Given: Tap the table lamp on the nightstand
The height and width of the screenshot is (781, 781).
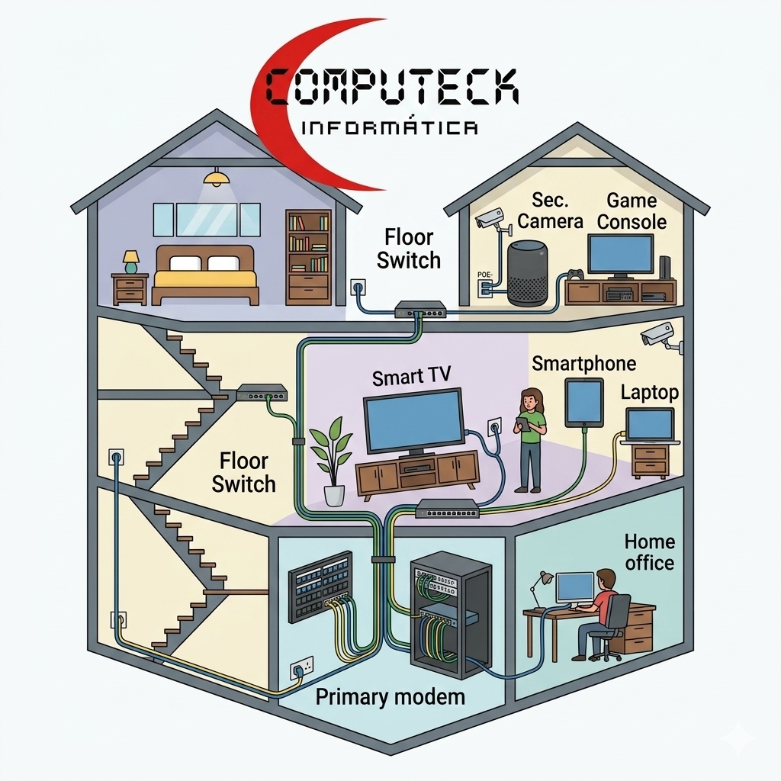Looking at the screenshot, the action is coord(131,262).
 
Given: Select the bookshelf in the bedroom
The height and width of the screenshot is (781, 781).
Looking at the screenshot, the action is coord(308,257).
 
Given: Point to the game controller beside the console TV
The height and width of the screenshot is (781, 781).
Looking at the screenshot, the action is coord(577,275).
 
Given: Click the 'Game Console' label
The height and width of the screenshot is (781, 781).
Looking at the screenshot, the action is coord(632,211).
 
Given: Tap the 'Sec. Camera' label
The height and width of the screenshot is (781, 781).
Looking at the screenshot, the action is coord(550,211).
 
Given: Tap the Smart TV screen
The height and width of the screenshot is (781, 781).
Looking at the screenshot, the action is coord(413,419).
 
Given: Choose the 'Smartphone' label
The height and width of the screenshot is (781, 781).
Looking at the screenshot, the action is coord(583,364).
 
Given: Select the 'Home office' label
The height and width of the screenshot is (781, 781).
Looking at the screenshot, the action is coord(650,552).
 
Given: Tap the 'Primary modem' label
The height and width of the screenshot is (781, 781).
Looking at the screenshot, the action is coord(390,697).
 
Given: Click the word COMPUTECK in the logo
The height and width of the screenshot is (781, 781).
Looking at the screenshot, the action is coord(391,87).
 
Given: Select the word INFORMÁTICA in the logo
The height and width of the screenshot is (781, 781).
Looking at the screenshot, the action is coord(390,127).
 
